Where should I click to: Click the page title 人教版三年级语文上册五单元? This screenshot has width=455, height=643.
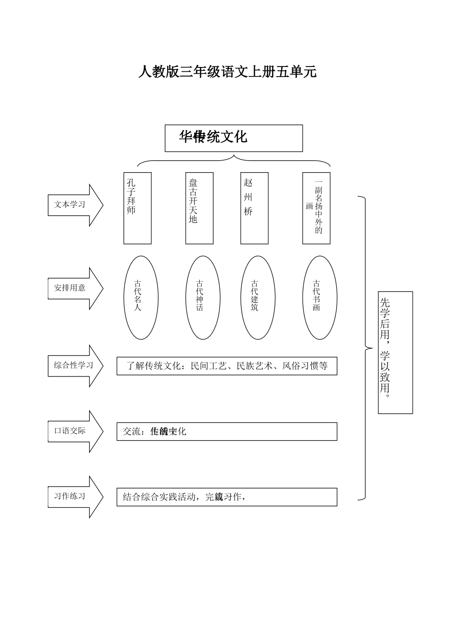(x=227, y=72)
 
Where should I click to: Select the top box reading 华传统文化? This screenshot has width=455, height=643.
(x=234, y=138)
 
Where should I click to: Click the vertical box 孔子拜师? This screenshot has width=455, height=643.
(x=137, y=208)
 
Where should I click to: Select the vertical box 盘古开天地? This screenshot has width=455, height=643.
(x=199, y=208)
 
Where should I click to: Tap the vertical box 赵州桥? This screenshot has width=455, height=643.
(x=254, y=208)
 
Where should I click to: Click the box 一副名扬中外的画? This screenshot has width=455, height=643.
(x=316, y=208)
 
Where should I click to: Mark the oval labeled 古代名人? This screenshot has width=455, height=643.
(x=141, y=298)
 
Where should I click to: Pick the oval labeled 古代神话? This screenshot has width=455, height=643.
(x=203, y=298)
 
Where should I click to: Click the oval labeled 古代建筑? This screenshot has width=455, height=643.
(x=258, y=298)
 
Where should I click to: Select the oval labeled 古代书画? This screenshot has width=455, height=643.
(x=319, y=298)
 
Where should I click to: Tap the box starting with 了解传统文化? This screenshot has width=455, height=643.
(x=227, y=366)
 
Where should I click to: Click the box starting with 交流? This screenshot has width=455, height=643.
(x=227, y=432)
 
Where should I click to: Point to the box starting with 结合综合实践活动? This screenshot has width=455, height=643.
(x=227, y=497)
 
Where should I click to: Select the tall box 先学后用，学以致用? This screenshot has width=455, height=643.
(x=395, y=353)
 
